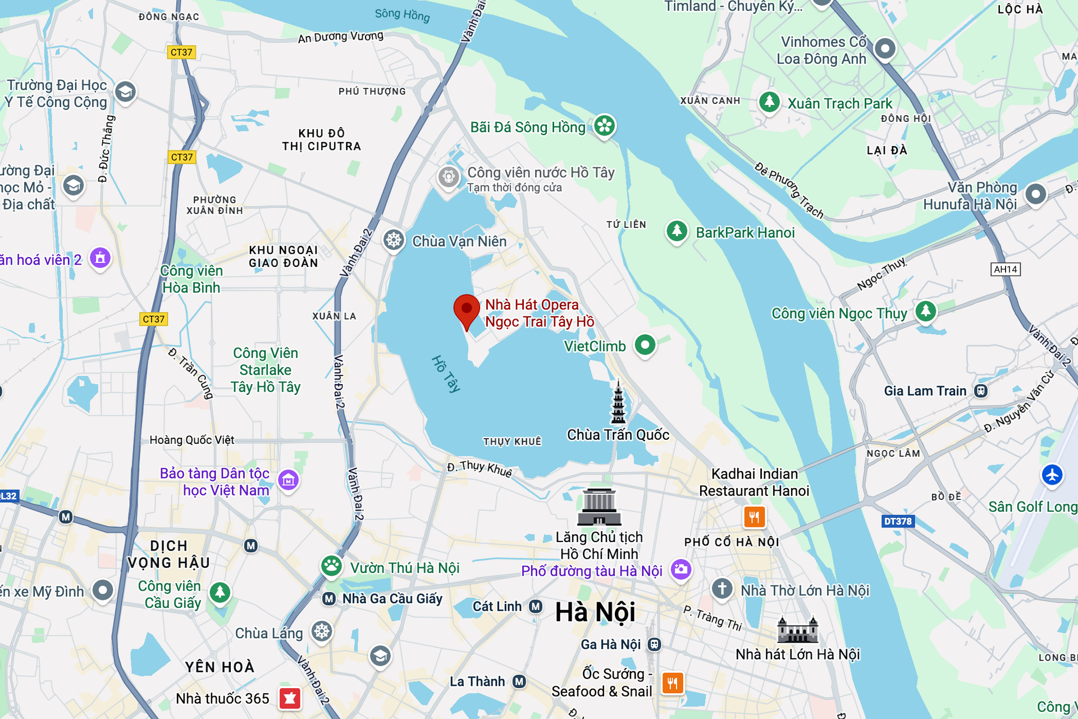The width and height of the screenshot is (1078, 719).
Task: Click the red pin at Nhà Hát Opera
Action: [466, 310]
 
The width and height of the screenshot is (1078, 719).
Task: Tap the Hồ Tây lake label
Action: [446, 373]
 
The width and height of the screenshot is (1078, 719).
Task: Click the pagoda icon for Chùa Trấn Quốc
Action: [618, 403]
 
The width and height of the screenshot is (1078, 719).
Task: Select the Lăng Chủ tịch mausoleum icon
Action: [599, 507]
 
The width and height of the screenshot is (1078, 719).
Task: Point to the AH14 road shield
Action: [1005, 269]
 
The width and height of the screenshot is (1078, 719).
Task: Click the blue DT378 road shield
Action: [898, 521]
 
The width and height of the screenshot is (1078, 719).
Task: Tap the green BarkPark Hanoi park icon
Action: [677, 231]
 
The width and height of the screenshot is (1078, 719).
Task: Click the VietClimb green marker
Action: [645, 344]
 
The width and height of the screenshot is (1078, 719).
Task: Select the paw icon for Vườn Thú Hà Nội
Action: [332, 566]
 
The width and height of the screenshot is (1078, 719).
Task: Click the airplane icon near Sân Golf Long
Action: [1052, 475]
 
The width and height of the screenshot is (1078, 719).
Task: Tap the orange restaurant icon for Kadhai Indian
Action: [754, 517]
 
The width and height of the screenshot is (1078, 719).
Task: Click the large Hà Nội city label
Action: [595, 612]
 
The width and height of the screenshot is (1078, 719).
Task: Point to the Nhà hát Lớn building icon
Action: [797, 630]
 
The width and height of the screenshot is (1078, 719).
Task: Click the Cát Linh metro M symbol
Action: [536, 606]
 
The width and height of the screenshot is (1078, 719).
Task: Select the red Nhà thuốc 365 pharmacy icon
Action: [290, 698]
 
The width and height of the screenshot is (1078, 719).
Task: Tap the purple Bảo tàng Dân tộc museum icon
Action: [289, 480]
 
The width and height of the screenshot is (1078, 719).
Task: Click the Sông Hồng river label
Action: [402, 15]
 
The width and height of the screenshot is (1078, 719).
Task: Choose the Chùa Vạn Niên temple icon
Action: [394, 240]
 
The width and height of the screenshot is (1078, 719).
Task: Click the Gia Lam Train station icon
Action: [980, 391]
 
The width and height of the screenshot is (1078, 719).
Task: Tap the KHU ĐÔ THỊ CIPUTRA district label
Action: [321, 140]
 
